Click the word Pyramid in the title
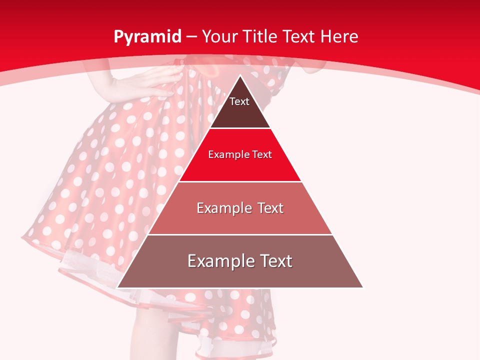(147, 37)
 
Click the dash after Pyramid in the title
(191, 37)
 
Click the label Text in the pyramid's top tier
(239, 101)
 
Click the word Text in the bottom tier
(275, 261)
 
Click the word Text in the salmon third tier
(267, 208)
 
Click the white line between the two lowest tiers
(240, 234)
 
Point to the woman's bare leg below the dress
(150, 335)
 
